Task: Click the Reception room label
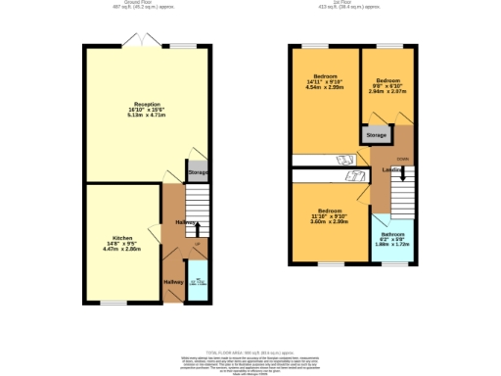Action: pos(147,109)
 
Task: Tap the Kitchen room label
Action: pos(122,243)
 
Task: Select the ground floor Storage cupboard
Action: pos(198,172)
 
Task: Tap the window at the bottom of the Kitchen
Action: pos(114,303)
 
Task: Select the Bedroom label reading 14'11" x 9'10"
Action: pos(324,82)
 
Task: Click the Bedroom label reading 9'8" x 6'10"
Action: pos(388,86)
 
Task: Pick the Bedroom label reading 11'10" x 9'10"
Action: pos(329,217)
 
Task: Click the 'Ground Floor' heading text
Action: pos(148,4)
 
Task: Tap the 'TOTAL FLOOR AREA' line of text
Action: pos(250,351)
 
